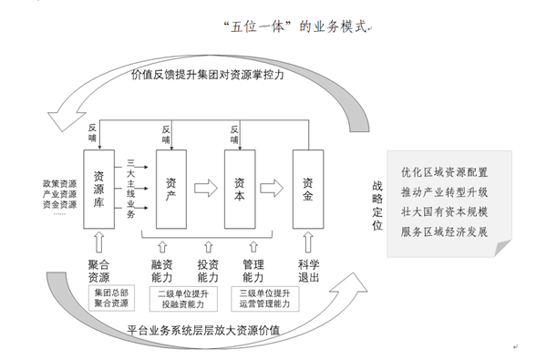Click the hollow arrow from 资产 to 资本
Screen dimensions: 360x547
point(208,189)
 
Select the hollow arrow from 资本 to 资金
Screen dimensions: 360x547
point(273,189)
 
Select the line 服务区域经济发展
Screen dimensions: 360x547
point(445,231)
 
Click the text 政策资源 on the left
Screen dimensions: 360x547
point(58,184)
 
